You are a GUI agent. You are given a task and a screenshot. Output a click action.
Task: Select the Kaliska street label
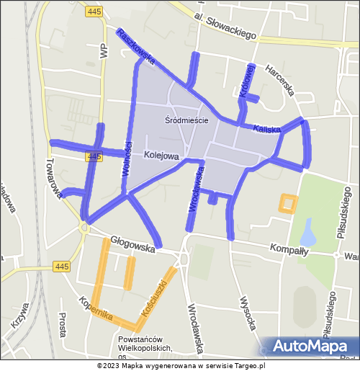pos(266,129)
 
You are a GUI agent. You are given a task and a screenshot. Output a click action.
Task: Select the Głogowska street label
pos(133,245)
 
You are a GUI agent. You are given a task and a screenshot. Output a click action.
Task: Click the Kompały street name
pos(289,251)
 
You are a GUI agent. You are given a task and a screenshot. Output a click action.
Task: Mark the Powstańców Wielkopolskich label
pos(147,344)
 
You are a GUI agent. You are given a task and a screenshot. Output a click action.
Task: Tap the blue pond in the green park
pos(308,233)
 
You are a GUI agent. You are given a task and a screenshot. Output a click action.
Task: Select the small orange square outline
pos(288,203)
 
